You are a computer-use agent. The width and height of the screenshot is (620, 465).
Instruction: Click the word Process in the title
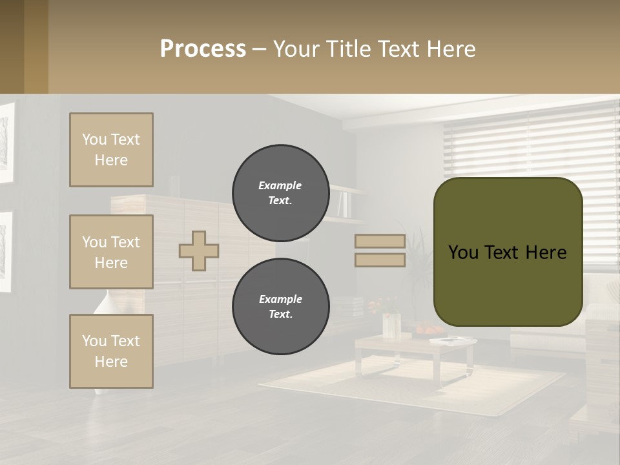[x=203, y=49]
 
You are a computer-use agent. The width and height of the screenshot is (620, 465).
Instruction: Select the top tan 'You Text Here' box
[x=111, y=150]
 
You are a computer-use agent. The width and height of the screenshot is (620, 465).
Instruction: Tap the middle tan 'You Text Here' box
[x=111, y=252]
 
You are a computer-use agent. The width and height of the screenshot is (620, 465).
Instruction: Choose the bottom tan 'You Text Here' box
[x=111, y=351]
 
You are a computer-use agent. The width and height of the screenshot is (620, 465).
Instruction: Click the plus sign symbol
[x=199, y=251]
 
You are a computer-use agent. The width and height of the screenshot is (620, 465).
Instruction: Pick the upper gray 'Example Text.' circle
[x=280, y=193]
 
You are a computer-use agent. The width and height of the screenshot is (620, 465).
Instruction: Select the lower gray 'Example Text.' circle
[x=280, y=307]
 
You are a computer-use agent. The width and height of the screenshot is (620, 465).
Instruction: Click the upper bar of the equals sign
[x=380, y=242]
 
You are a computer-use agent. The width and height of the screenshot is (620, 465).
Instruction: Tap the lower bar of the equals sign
[x=380, y=260]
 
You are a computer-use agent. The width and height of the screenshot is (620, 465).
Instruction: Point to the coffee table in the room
[x=413, y=349]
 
